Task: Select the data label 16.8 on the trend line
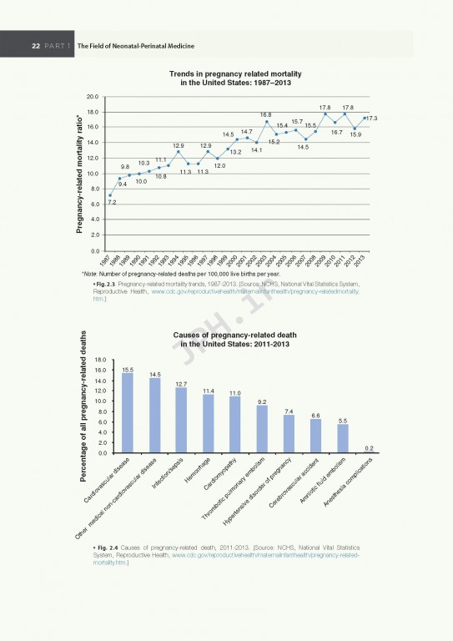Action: (265, 114)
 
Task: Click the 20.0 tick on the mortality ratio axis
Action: (93, 97)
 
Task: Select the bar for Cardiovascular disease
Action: (128, 412)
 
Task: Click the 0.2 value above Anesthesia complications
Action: (369, 447)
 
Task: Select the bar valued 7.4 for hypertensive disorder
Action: (289, 433)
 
